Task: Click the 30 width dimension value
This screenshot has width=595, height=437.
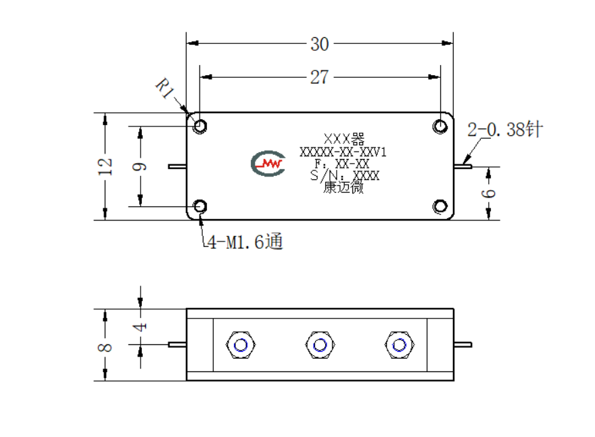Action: click(x=320, y=44)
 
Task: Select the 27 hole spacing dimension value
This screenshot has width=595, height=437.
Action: click(x=320, y=77)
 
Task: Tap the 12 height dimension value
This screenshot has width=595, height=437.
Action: click(x=105, y=166)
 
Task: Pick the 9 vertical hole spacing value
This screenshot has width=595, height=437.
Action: click(x=139, y=166)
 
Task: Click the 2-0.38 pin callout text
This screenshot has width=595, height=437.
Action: click(x=505, y=129)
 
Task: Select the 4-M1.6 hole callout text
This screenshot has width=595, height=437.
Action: click(x=245, y=242)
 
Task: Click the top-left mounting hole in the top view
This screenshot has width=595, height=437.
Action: click(x=200, y=126)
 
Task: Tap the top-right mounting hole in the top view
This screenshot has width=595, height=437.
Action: click(x=440, y=126)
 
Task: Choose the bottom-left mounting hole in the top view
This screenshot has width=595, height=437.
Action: click(x=200, y=206)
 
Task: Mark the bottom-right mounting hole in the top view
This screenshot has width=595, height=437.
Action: click(x=440, y=206)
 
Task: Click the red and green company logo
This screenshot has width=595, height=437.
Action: click(x=268, y=164)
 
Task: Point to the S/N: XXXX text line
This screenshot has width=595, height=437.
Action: click(x=345, y=175)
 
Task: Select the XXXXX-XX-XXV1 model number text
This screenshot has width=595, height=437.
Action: click(x=343, y=152)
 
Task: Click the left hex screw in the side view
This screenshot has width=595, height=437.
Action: click(x=241, y=345)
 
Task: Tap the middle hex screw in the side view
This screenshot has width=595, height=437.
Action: click(x=320, y=345)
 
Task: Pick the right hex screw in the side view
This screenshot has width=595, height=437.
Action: click(x=399, y=345)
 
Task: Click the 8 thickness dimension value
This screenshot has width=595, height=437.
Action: click(x=105, y=347)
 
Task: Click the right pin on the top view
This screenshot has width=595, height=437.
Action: click(x=463, y=166)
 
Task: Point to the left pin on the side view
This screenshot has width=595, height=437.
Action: click(x=177, y=345)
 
